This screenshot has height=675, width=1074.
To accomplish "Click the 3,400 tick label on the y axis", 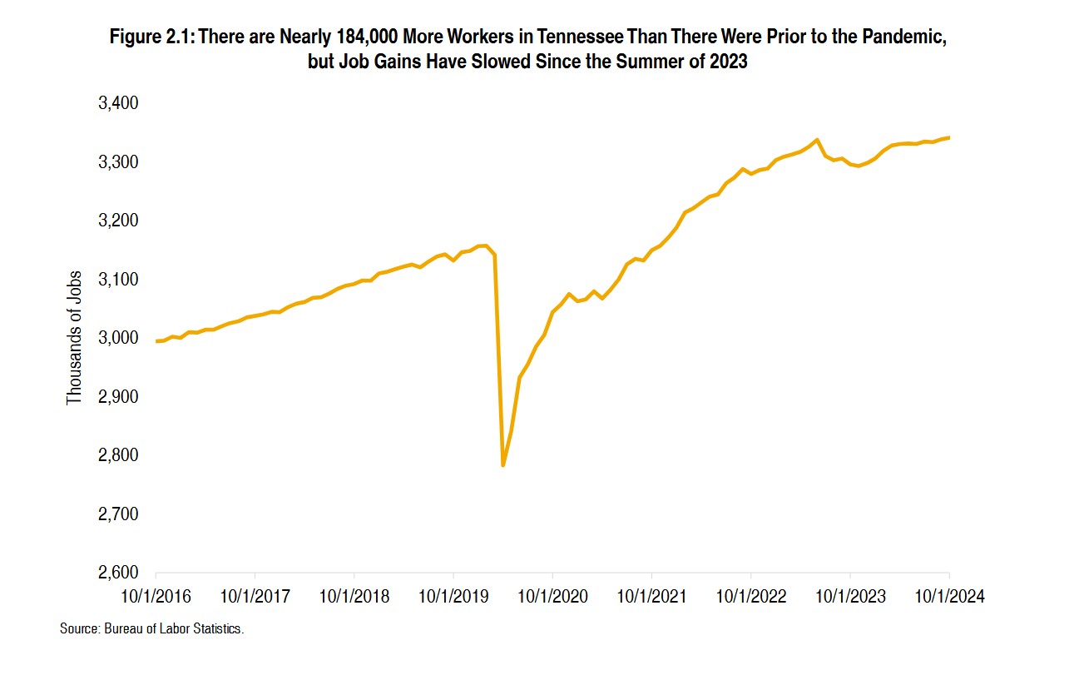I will [x=120, y=103].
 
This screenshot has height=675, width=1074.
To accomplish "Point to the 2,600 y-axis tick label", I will [x=120, y=573].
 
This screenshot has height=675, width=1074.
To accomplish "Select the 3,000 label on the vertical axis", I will [x=120, y=338].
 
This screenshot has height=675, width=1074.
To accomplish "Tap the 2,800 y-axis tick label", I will [x=120, y=456].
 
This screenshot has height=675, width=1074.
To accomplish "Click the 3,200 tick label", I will [x=120, y=221].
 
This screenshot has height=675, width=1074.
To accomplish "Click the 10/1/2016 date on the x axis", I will [x=156, y=597].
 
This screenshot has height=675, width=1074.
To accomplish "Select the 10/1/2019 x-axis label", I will [x=453, y=597].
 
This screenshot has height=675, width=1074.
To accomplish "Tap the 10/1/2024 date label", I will [x=948, y=597].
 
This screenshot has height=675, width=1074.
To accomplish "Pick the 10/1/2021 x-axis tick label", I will [x=651, y=597].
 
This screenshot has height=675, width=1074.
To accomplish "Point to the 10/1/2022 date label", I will [x=750, y=597].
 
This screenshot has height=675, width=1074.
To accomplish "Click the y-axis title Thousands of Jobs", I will [x=75, y=338].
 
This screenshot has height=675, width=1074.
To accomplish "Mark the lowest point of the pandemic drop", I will [x=503, y=465].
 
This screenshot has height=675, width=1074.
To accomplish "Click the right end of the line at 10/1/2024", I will [x=949, y=137].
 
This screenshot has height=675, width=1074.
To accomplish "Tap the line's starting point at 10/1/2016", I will [x=156, y=341].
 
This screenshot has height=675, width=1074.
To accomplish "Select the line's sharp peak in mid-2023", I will [x=817, y=140].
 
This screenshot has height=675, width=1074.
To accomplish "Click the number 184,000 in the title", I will [x=364, y=37].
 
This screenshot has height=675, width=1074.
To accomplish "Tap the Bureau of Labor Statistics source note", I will [x=151, y=629].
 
